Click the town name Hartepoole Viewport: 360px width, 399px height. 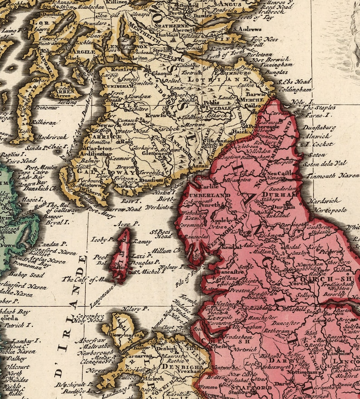click(x=328, y=211)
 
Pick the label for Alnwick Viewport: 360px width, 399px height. click(x=316, y=135)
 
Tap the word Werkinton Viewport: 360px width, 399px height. click(x=160, y=207)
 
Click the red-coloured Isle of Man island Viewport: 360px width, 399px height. click(x=122, y=256)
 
